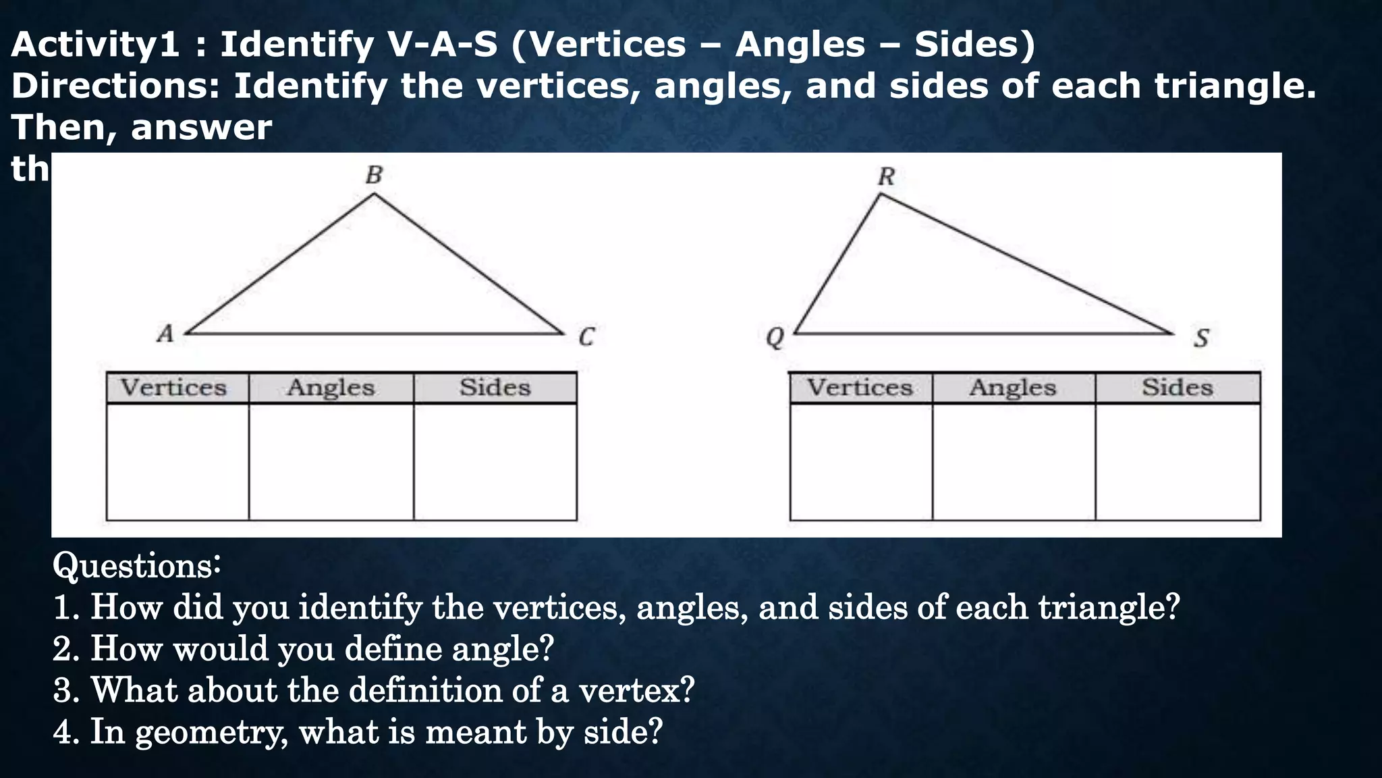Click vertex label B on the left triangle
374,175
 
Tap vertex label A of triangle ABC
165,334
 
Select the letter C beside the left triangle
586,336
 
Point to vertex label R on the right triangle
886,177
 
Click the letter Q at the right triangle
775,337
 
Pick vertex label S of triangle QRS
1201,338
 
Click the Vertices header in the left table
173,388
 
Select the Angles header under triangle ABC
331,388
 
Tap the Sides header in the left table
495,388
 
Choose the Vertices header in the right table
860,388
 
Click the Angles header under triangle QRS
1013,388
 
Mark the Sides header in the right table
1178,388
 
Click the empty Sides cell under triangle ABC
495,462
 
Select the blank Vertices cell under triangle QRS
861,462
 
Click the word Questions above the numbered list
137,566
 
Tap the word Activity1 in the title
95,45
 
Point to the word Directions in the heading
115,86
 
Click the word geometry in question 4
212,732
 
